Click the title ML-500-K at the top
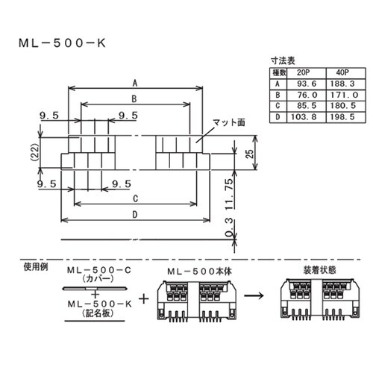pyautogui.click(x=63, y=44)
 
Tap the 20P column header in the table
pyautogui.click(x=304, y=72)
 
